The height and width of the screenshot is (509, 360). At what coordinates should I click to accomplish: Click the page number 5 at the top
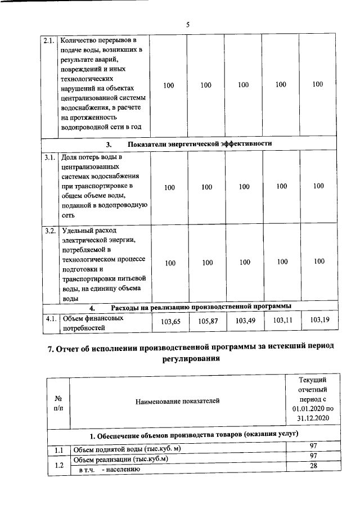[x=188, y=24]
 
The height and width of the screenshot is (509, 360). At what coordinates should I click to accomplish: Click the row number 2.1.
[x=50, y=41]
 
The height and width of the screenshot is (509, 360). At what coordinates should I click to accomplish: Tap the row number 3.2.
[x=50, y=231]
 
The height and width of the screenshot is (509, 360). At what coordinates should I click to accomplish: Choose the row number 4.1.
[x=50, y=318]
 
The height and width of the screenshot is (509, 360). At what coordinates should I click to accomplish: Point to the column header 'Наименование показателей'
[x=177, y=400]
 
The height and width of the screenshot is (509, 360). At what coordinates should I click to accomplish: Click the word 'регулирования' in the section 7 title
[x=188, y=359]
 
